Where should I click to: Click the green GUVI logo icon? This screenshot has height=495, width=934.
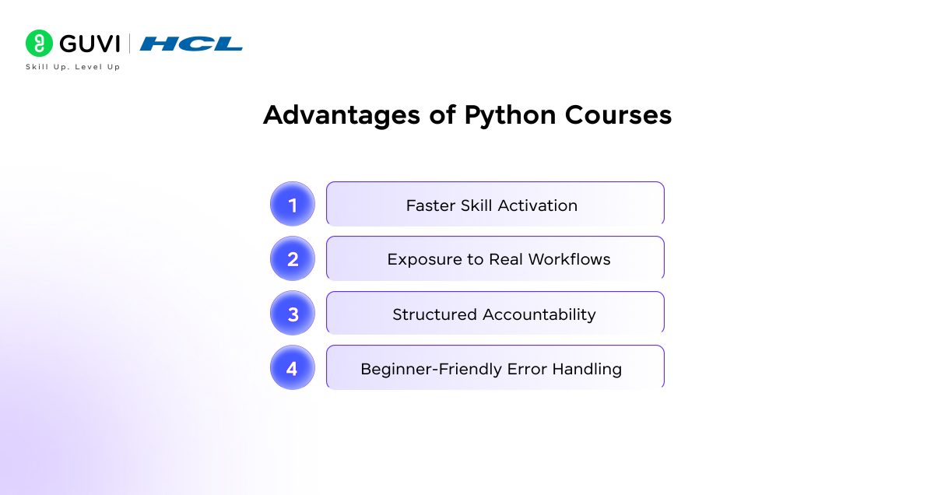point(39,43)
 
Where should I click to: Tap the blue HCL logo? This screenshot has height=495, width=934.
point(191,44)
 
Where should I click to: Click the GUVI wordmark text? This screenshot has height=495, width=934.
point(90,44)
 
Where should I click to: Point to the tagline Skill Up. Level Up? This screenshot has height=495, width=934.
point(72,67)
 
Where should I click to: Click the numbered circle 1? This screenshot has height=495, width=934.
point(293,205)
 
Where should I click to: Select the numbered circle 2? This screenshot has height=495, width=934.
point(293,259)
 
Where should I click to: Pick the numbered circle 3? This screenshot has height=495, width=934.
point(293,314)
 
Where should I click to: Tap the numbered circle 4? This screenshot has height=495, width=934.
point(293,368)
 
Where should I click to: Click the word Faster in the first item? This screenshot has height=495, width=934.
point(429,205)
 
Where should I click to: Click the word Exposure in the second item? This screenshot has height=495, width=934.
point(417,260)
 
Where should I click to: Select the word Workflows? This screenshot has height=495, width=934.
point(570,260)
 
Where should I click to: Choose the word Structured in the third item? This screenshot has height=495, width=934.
point(434,314)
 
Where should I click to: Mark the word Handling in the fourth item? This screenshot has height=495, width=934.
point(587,369)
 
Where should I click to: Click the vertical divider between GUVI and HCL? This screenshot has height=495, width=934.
point(130,44)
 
